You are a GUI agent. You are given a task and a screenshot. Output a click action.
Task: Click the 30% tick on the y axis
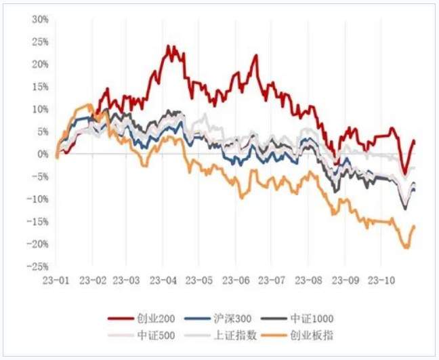(x=39, y=19)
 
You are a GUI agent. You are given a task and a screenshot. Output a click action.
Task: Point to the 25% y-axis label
(x=39, y=41)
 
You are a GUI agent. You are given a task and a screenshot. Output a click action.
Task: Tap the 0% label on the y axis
(x=42, y=154)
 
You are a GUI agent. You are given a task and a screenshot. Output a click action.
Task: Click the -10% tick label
(x=38, y=199)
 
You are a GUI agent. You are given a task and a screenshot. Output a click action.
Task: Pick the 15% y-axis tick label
(x=39, y=87)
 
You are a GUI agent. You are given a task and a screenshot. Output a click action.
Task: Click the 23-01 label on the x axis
(x=56, y=279)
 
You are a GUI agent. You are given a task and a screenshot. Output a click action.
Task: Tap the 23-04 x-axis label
(x=164, y=279)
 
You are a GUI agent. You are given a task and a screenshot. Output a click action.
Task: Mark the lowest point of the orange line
(x=407, y=248)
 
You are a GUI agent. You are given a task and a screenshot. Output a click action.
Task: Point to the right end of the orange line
(x=414, y=226)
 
